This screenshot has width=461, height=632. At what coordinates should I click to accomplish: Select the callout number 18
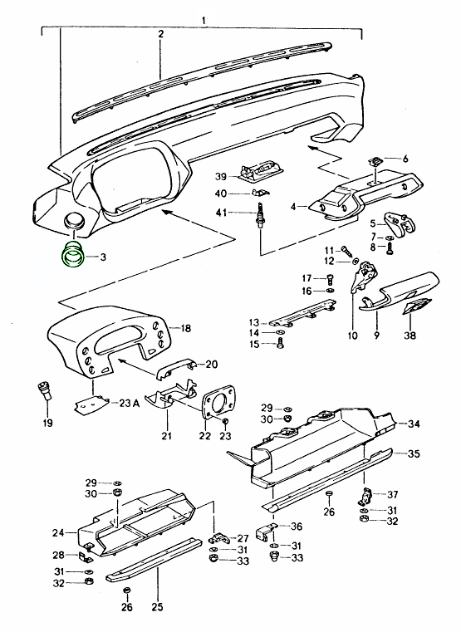click(185, 329)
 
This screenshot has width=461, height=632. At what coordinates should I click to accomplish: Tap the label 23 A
click(130, 403)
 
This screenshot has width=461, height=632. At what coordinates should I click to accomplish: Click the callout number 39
click(221, 177)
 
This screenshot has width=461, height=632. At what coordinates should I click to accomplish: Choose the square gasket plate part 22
click(218, 404)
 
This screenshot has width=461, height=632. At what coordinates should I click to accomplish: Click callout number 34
click(414, 424)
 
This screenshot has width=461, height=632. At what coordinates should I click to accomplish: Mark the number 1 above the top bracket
click(204, 20)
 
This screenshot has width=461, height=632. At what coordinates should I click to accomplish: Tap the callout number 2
click(161, 34)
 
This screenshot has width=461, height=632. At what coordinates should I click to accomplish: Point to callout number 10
click(352, 336)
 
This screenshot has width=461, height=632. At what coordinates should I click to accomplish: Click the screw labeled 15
click(281, 344)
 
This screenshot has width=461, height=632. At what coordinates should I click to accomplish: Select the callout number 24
click(58, 533)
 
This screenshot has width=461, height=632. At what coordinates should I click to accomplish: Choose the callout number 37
click(393, 494)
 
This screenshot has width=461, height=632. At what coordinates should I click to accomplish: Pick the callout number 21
click(166, 436)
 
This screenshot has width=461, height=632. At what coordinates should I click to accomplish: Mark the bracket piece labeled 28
click(86, 557)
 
